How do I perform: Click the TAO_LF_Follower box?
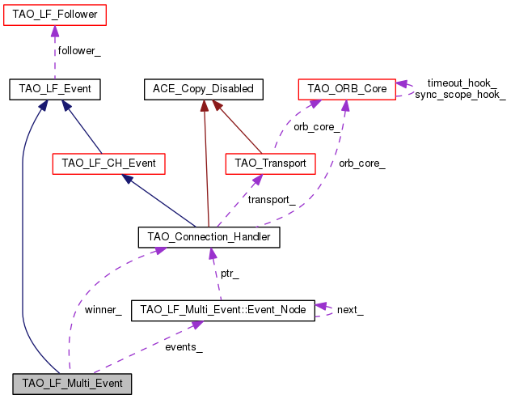pos(54,14)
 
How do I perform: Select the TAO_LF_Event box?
pos(54,88)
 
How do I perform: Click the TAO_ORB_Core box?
pos(347,88)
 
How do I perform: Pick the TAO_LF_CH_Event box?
pos(108,163)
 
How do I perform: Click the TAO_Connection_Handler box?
pos(209,237)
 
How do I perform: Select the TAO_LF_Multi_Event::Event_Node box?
pos(222,310)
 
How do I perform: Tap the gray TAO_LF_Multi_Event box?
pos(72,383)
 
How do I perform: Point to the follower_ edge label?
pos(78,51)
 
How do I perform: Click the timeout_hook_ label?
pos(462,83)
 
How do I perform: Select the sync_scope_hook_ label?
pos(460,95)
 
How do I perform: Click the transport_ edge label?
pos(271,200)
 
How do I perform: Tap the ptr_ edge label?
pos(230,274)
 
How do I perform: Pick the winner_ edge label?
pos(103,310)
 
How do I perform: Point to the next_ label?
pos(349,310)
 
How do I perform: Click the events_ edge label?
pos(184,346)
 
